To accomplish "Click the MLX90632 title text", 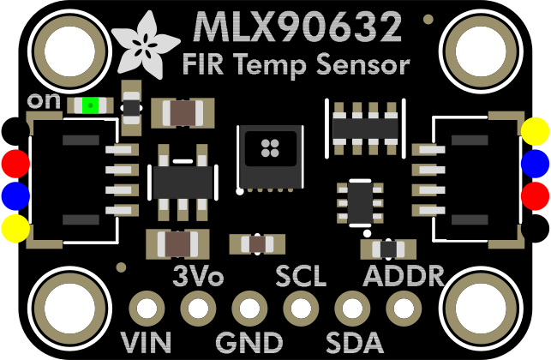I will point(298,27).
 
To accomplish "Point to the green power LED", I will point(90,106).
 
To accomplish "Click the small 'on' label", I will point(44,101).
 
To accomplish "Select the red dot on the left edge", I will point(15,163).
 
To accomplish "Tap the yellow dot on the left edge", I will point(15,228).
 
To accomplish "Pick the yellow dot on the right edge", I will point(536,131).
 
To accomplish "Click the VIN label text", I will point(147,342).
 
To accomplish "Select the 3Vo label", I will point(198,277).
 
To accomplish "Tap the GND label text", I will point(249,342).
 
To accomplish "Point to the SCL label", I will point(300,277).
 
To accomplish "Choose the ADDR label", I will point(404,277).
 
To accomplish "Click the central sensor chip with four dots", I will point(267,154).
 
